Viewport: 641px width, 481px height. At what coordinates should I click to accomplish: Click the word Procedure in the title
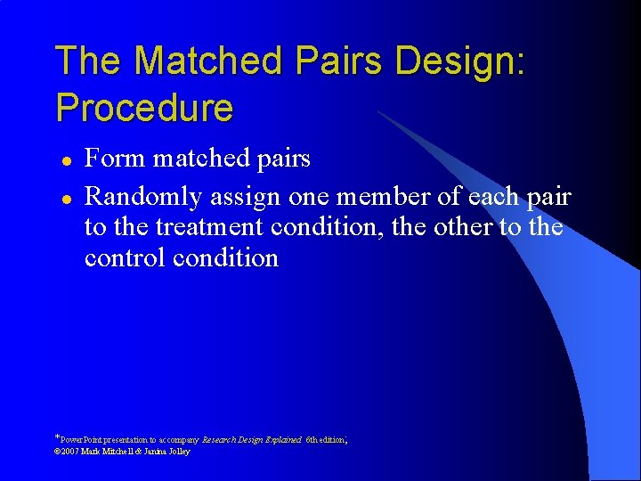(144, 108)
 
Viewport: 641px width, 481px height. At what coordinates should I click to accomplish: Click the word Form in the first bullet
(115, 159)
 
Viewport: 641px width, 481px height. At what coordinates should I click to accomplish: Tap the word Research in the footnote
(222, 440)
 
